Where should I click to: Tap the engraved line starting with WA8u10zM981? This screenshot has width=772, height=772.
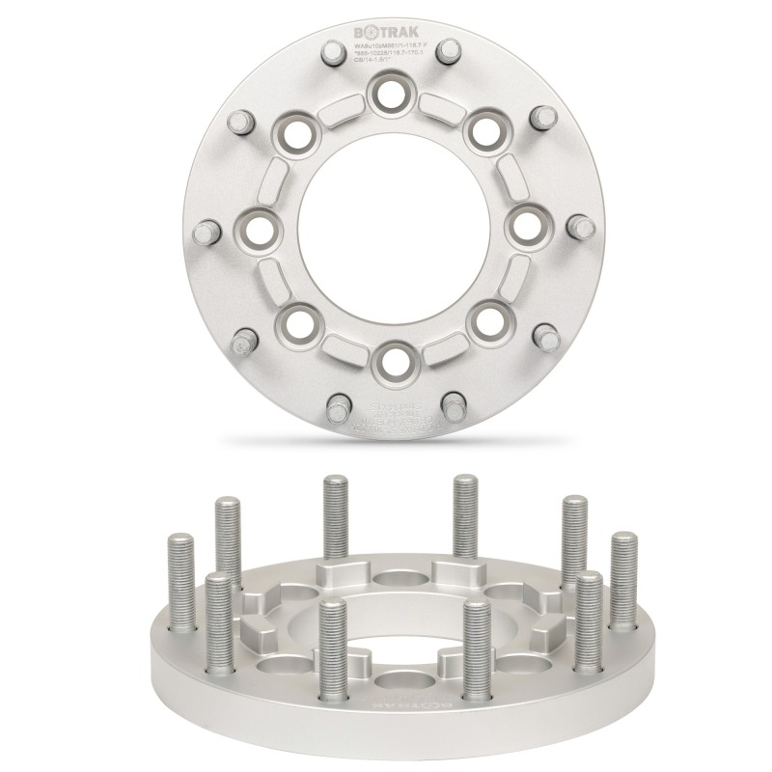[391, 43]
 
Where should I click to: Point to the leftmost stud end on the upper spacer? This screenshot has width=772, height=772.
[205, 232]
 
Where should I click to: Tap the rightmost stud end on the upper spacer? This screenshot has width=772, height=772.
[582, 228]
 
